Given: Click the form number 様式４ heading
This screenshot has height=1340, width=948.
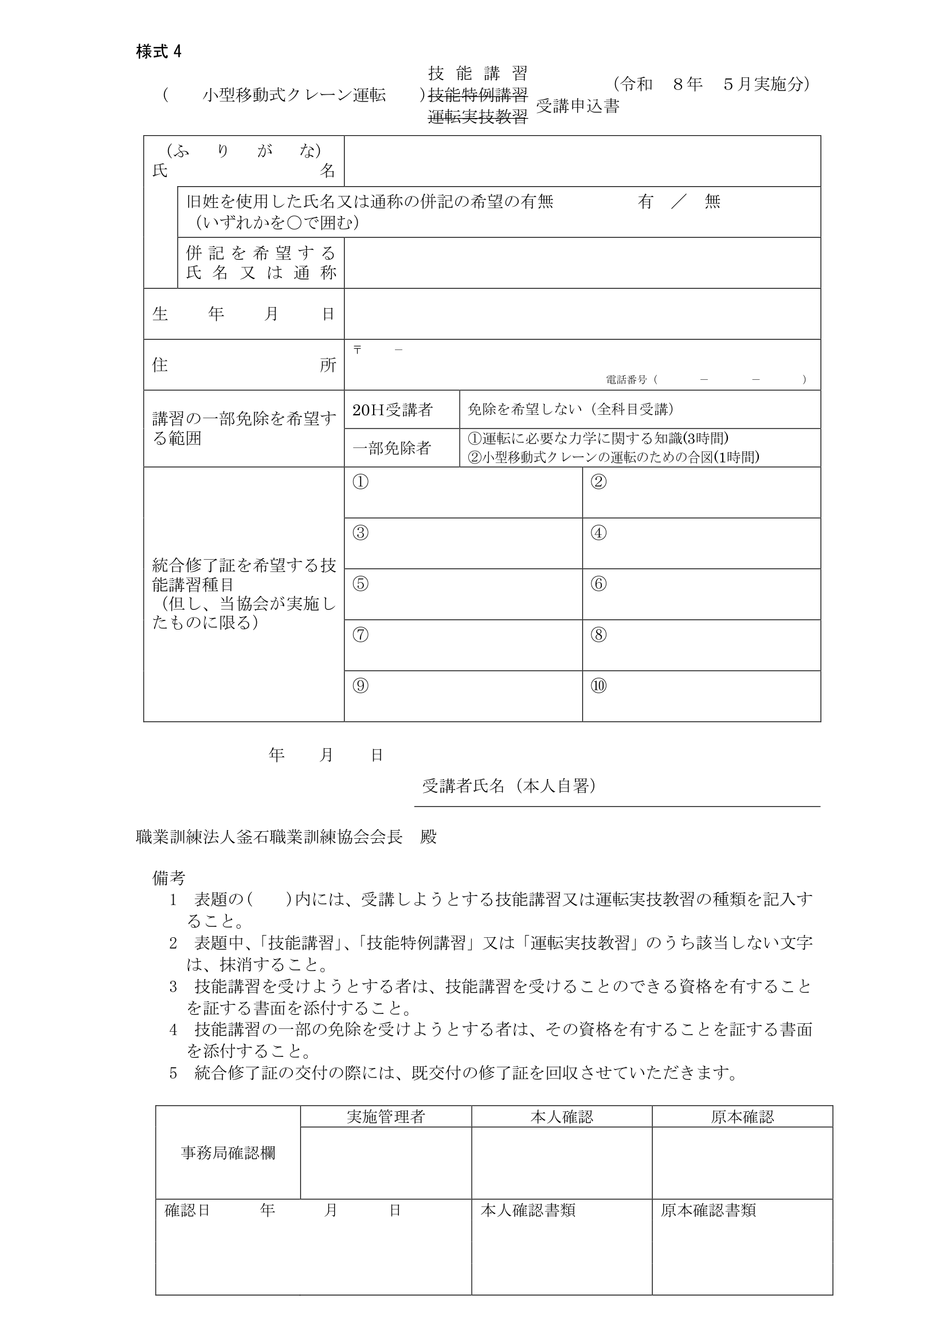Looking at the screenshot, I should pyautogui.click(x=159, y=52).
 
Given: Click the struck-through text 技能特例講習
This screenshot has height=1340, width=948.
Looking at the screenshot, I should pyautogui.click(x=477, y=95).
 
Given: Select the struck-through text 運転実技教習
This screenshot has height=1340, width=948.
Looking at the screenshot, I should pyautogui.click(x=477, y=117).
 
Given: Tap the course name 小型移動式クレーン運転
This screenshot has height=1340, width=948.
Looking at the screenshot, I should pyautogui.click(x=293, y=95).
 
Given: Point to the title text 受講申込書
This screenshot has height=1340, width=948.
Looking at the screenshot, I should pyautogui.click(x=577, y=106).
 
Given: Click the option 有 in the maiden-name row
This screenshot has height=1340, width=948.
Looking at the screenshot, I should pyautogui.click(x=645, y=202).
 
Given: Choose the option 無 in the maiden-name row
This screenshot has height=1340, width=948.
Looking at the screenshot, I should pyautogui.click(x=712, y=202).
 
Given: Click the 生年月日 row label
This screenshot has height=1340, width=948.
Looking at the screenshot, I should pyautogui.click(x=244, y=314).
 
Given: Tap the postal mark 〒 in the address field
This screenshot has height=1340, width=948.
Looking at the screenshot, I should pyautogui.click(x=357, y=349).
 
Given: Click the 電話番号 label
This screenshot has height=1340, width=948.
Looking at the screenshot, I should pyautogui.click(x=626, y=380).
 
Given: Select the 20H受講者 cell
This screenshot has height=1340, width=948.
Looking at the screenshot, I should pyautogui.click(x=392, y=410).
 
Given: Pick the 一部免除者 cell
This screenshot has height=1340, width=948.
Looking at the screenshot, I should pyautogui.click(x=391, y=448).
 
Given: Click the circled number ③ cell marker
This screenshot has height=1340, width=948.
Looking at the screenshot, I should pyautogui.click(x=361, y=533).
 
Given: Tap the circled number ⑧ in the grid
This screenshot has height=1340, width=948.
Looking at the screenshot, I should pyautogui.click(x=598, y=634).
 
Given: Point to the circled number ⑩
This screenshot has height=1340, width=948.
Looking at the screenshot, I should pyautogui.click(x=598, y=685).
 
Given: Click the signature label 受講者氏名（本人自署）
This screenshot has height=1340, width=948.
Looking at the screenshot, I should pyautogui.click(x=509, y=786).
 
